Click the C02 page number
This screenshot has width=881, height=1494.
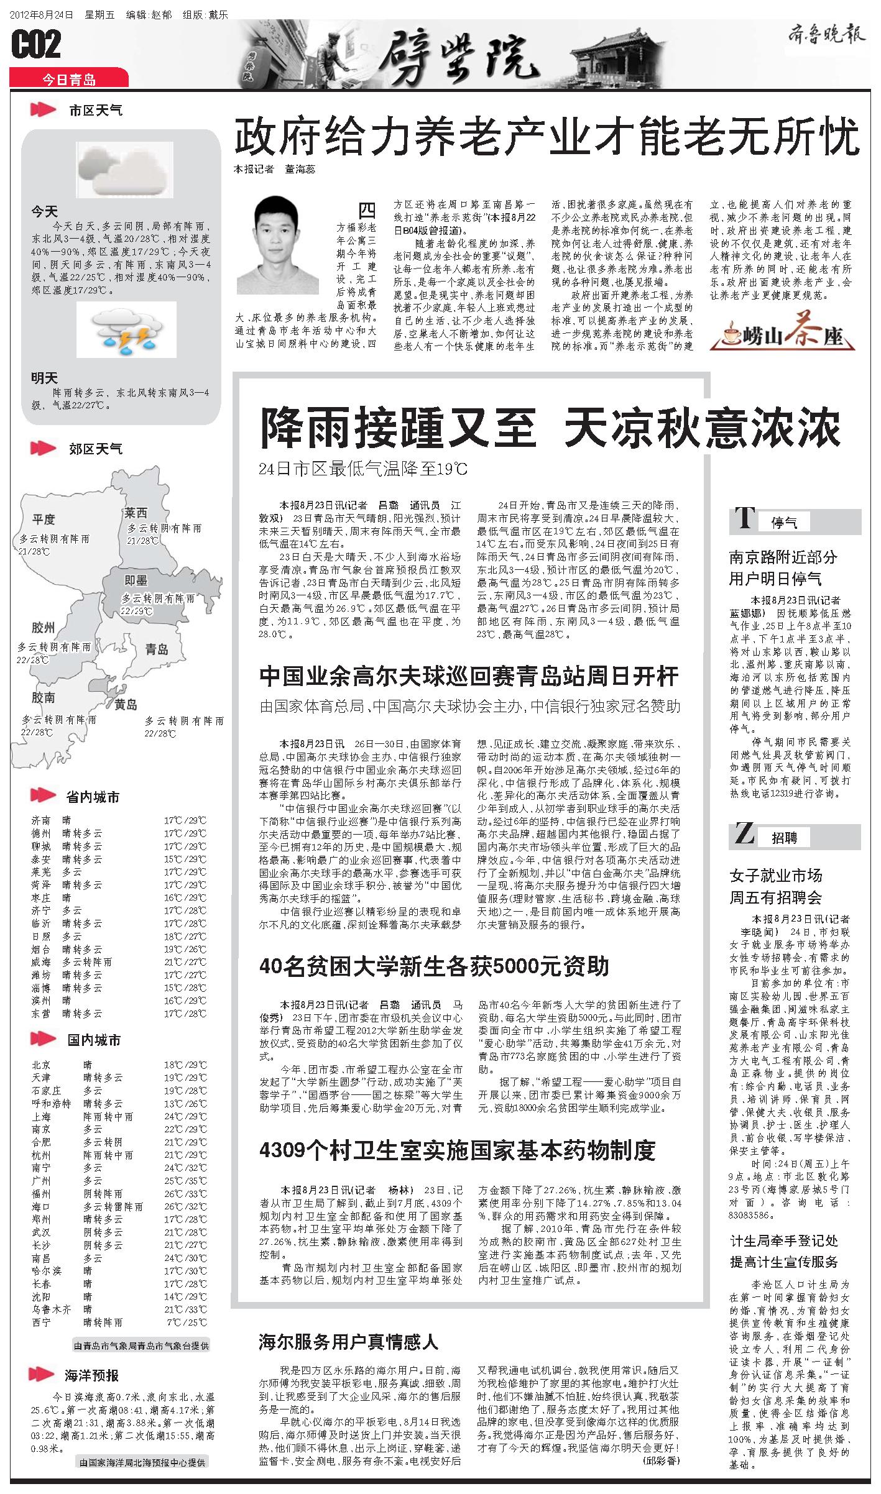coord(37,45)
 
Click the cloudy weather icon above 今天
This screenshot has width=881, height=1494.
coord(124,169)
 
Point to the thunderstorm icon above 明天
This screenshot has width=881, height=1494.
coord(126,330)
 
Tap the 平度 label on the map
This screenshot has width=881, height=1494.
coord(44,519)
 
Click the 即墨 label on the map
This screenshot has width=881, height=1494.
coord(136,580)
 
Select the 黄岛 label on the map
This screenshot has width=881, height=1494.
coord(126,704)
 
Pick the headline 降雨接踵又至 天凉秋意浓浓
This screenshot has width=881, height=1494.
coord(550,428)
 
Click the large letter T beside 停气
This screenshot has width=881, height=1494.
coord(744,518)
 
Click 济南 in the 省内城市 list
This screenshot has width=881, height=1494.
coord(42,820)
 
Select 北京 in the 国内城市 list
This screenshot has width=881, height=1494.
coord(42,1065)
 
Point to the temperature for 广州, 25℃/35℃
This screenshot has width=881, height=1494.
coord(186,1180)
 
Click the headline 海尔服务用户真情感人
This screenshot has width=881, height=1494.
coord(348,1342)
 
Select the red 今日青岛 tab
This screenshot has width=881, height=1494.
coord(69,79)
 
